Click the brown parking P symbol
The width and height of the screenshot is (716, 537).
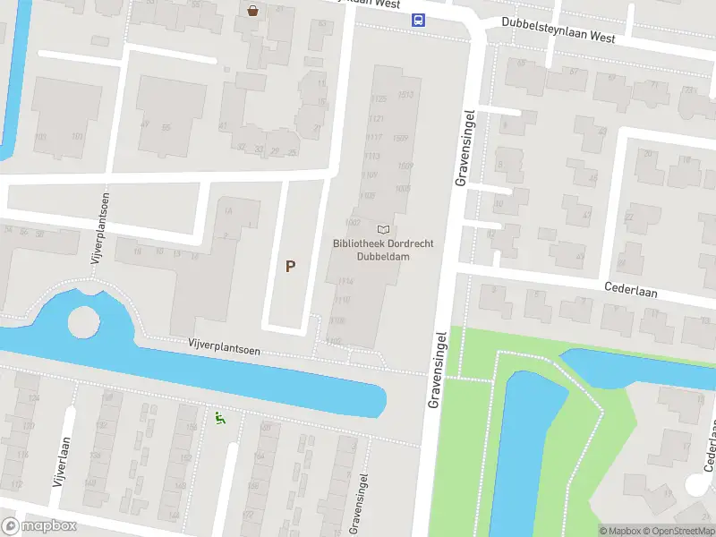[x=289, y=266]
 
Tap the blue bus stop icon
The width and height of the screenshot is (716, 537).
[x=418, y=20]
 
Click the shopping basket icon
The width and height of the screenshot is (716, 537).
[x=254, y=11]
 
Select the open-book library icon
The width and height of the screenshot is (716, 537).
[x=384, y=230]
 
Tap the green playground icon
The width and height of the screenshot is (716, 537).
[x=218, y=417]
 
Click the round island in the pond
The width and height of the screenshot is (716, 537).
[x=83, y=322]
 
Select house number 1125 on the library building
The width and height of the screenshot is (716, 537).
[x=378, y=99]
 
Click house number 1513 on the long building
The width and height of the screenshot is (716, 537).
[x=405, y=95]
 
